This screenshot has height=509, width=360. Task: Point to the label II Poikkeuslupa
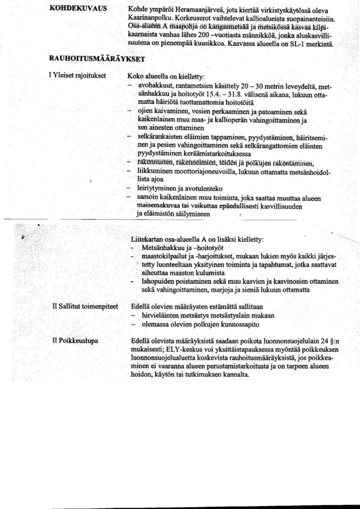click(75, 341)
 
